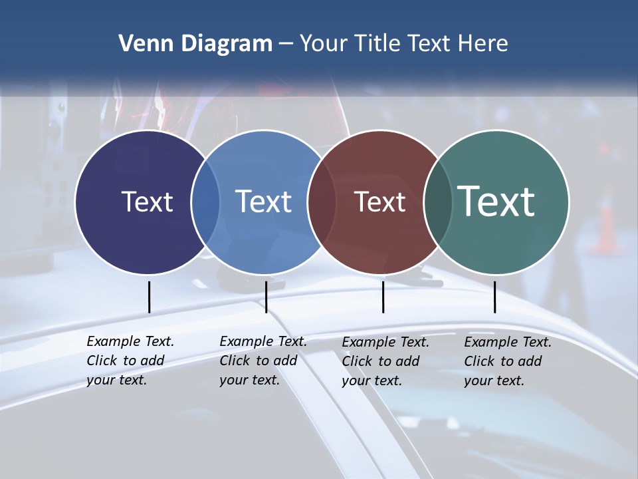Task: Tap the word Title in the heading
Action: [376, 44]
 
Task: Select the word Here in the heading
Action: [483, 44]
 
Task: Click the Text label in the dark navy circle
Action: [147, 202]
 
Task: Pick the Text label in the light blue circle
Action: [263, 202]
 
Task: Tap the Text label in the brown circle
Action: [379, 202]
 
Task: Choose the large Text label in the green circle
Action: [496, 201]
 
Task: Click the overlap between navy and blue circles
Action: [205, 202]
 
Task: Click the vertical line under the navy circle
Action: [149, 297]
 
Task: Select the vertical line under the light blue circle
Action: [266, 297]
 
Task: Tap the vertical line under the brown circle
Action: [383, 297]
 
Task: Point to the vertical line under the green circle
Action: [494, 297]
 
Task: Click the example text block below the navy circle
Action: [130, 361]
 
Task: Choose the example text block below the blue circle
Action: [263, 361]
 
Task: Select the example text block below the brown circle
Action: [385, 361]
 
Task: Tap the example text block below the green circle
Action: [508, 361]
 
